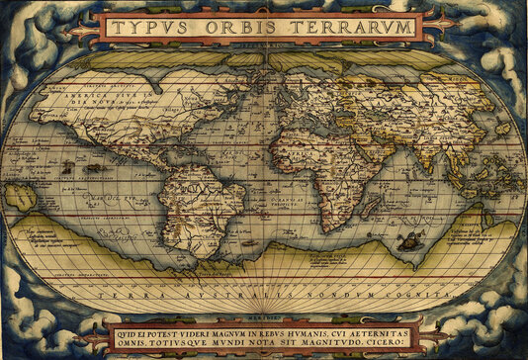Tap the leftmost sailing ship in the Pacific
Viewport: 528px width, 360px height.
[67, 168]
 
